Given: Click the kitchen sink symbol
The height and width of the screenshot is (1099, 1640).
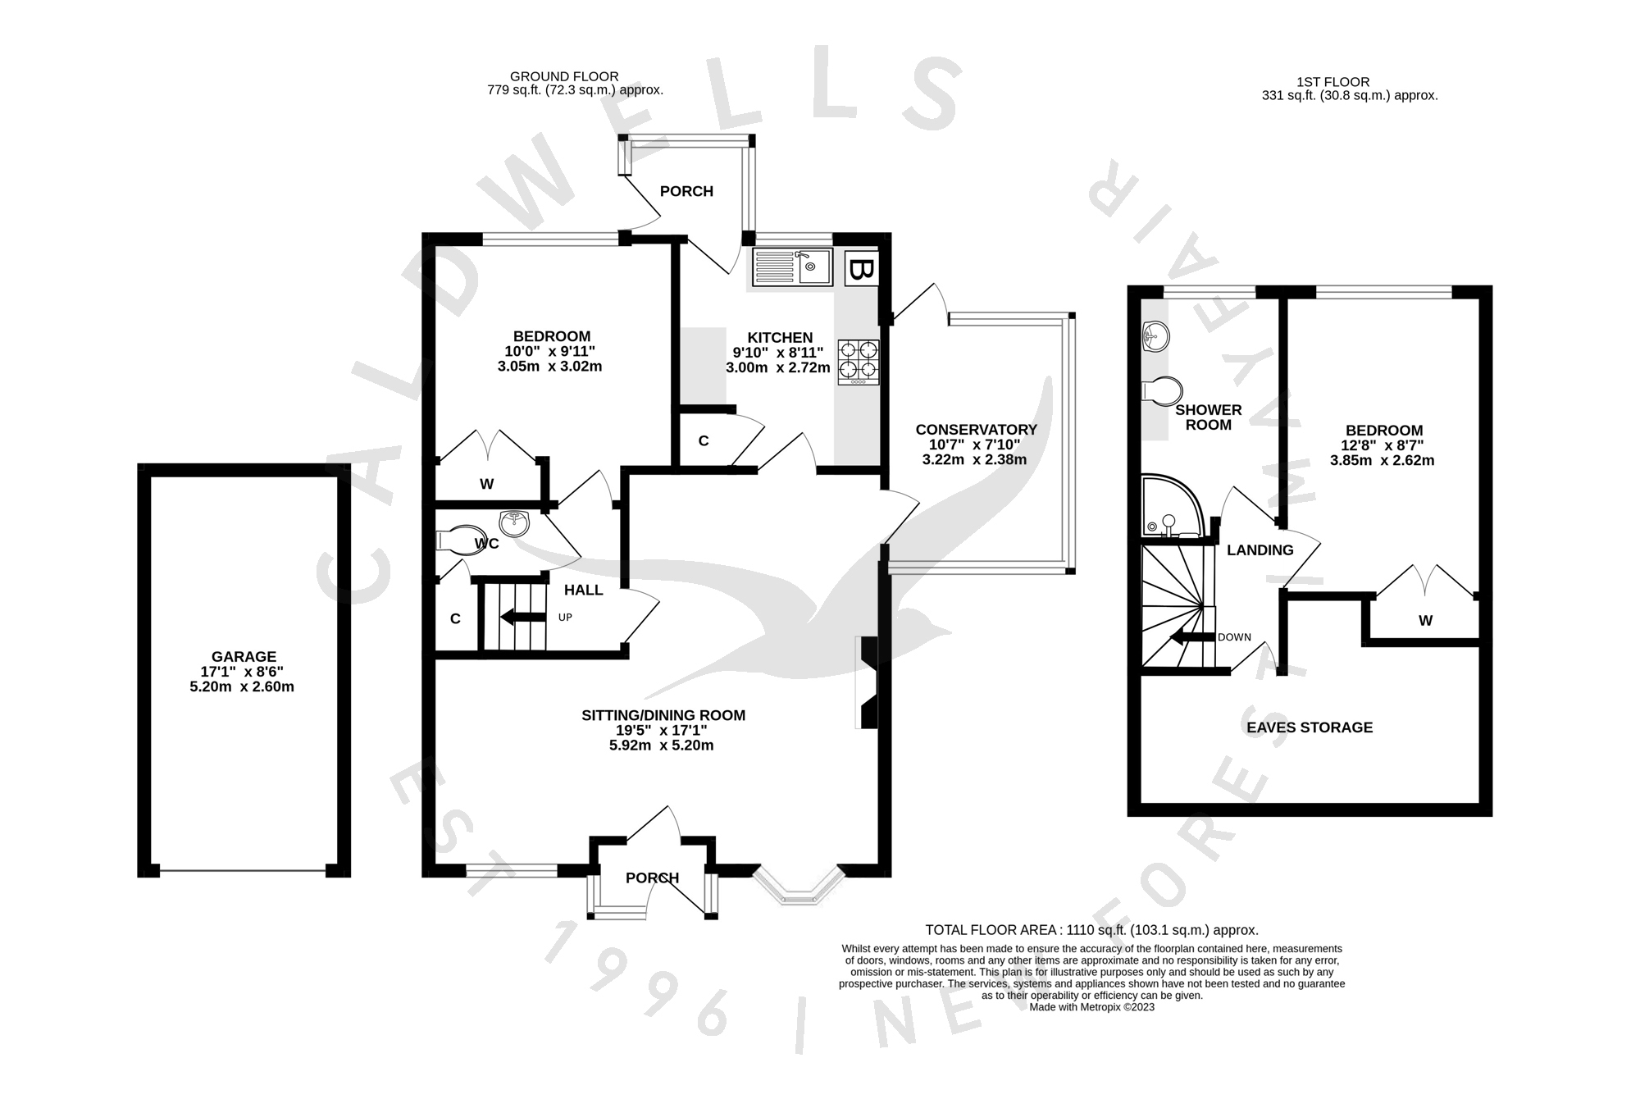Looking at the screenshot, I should point(792,267).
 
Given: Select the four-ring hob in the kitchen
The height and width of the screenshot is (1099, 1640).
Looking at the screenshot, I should point(859,362).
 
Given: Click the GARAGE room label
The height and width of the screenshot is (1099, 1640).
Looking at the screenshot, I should point(244,656).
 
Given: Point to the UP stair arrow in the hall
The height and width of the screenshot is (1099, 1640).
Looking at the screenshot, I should point(517,617).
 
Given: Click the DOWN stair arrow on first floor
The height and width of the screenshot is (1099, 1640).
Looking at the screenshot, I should point(1191,637).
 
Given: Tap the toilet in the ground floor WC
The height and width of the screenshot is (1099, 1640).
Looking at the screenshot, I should point(460,540).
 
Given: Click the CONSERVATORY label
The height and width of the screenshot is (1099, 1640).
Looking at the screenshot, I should point(976,430).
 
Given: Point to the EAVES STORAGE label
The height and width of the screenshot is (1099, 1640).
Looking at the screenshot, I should point(1310,727).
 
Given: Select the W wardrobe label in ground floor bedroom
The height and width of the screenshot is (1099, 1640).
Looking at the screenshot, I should point(486,484).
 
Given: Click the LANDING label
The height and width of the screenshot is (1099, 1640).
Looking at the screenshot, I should point(1260,550).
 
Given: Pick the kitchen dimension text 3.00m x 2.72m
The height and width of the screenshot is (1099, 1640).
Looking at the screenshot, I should point(777,368).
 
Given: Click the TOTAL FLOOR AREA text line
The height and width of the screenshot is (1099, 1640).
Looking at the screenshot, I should point(1091,930).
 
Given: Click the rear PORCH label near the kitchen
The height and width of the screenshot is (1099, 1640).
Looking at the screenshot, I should point(686,191).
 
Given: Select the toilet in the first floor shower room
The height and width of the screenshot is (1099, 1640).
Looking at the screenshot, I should point(1161,391).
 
